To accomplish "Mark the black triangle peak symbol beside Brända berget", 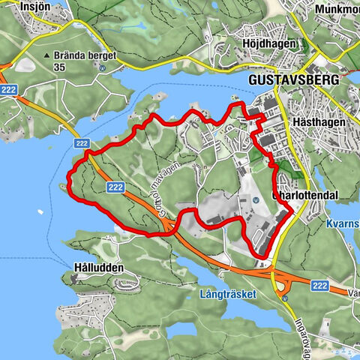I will pos(47,55).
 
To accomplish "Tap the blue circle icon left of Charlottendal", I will pos(256,199).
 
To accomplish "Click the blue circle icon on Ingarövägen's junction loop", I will pos(285,298).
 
